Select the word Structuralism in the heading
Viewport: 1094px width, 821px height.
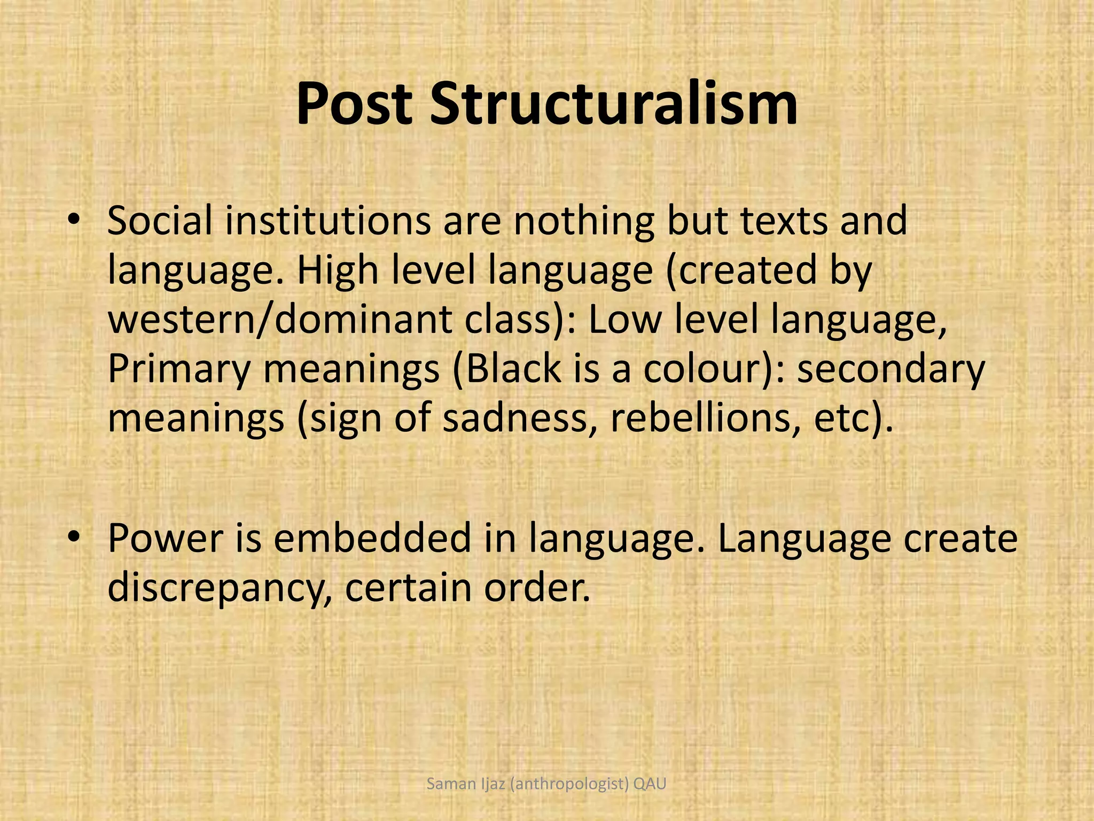[x=613, y=105]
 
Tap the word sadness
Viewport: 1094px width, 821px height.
[x=515, y=418]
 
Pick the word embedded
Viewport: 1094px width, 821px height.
[x=372, y=538]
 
